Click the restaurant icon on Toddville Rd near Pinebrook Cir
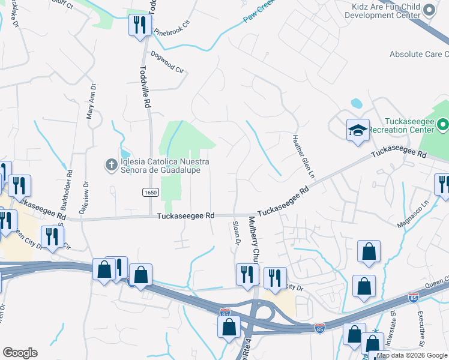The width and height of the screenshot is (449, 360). pyautogui.click(x=140, y=25)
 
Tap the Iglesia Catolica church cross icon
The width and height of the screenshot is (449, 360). pyautogui.click(x=111, y=164)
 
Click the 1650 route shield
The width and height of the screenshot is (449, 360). pyautogui.click(x=150, y=192)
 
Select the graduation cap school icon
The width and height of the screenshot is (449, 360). pyautogui.click(x=358, y=130)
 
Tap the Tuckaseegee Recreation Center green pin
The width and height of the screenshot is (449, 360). pyautogui.click(x=443, y=124)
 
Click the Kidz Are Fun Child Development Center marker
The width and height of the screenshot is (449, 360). pyautogui.click(x=429, y=10)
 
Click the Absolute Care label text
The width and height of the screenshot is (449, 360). pyautogui.click(x=418, y=54)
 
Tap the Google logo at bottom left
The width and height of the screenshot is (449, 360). pyautogui.click(x=20, y=353)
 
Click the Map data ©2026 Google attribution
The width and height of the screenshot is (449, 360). pyautogui.click(x=412, y=355)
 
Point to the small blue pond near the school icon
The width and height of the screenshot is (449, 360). pyautogui.click(x=356, y=103)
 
